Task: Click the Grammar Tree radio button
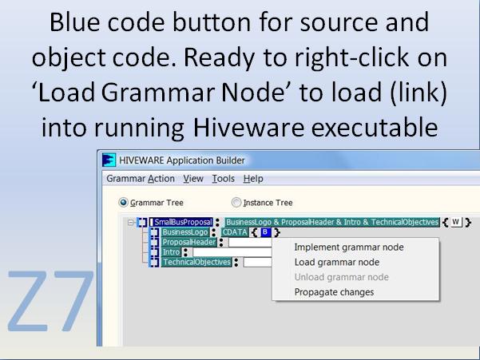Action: point(123,203)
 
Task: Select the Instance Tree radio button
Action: point(236,203)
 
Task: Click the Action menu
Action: point(161,179)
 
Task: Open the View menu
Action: point(193,179)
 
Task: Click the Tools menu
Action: point(224,179)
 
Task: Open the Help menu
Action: point(253,179)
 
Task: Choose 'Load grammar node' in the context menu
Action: point(336,262)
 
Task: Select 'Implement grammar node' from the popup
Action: point(348,247)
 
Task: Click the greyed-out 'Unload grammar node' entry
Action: point(341,277)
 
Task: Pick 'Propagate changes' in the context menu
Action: point(334,292)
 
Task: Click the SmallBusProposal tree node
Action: point(183,222)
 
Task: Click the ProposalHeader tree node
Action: point(189,242)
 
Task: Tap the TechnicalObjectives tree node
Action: point(196,262)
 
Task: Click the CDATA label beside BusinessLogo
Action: point(235,232)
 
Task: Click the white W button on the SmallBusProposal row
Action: point(455,222)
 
